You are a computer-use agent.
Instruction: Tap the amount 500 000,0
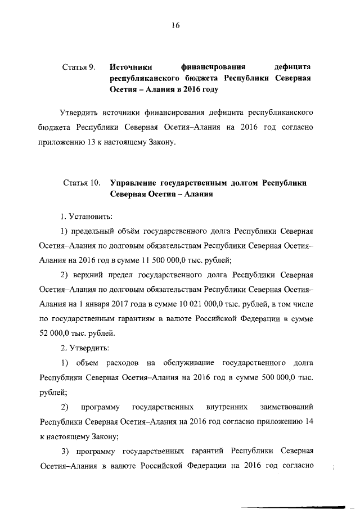(x=280, y=376)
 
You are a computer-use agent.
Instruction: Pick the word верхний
(x=86, y=275)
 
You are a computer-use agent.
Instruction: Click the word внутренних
(x=229, y=406)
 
